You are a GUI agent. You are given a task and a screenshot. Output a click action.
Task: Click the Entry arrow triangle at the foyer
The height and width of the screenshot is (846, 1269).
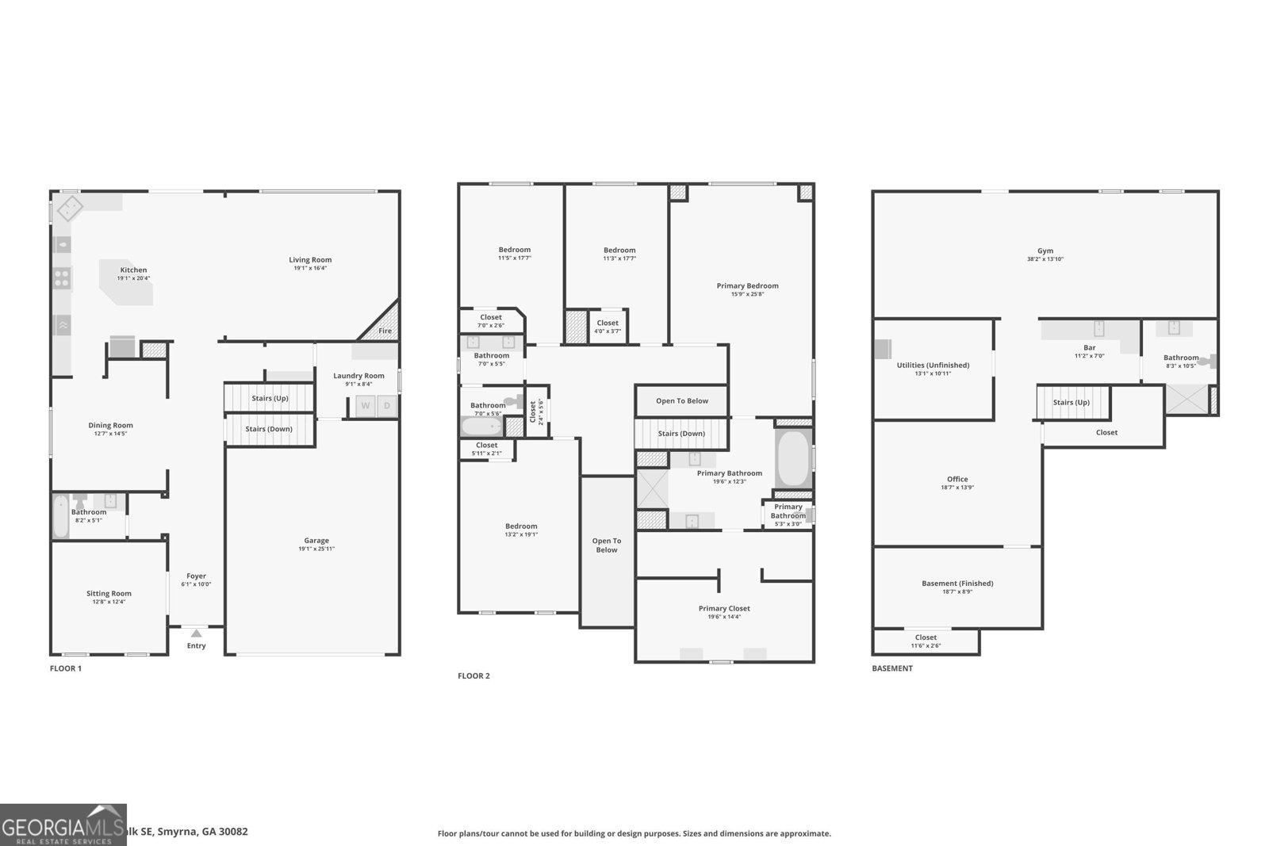196,633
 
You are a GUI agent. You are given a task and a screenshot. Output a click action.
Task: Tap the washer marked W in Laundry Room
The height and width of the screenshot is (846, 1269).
366,406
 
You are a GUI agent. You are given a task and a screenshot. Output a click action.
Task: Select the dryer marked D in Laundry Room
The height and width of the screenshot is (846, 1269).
387,406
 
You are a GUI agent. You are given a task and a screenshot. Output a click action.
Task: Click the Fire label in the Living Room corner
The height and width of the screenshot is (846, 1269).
385,331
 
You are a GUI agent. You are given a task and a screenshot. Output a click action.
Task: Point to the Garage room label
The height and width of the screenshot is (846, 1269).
316,541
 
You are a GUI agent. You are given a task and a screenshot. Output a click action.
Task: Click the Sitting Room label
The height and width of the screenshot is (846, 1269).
109,593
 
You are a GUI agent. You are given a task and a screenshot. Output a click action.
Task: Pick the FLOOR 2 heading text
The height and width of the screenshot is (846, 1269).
473,676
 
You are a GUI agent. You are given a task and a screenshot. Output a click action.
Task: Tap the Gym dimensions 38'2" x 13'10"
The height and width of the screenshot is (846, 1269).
1045,259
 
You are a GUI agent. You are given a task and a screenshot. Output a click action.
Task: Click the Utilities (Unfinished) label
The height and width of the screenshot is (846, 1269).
933,366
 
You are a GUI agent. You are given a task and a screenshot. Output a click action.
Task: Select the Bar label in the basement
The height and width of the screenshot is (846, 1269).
1089,348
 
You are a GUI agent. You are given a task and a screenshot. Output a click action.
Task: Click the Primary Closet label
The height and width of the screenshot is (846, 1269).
724,608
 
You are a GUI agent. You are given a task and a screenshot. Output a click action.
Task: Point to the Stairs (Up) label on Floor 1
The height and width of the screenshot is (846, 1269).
270,398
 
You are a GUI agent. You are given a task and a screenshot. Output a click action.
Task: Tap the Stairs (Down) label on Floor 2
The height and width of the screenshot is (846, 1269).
681,434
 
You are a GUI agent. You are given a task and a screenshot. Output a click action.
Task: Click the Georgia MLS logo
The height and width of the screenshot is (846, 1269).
63,825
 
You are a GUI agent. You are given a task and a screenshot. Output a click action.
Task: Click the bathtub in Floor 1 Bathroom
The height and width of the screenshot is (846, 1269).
61,516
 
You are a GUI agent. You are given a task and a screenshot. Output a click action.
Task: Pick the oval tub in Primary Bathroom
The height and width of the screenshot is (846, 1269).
792,459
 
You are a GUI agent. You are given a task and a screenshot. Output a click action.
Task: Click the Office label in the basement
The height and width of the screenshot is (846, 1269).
957,479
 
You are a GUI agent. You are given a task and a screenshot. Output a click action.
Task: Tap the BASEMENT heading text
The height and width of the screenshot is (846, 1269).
892,668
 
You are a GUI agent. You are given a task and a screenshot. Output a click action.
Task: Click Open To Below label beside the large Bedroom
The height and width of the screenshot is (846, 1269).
607,545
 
